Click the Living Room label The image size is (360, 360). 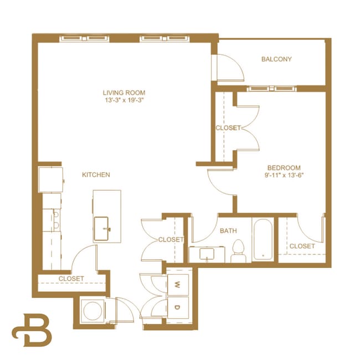point(124,92)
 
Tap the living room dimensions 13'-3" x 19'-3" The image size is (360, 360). point(124,101)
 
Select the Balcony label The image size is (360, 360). point(276,59)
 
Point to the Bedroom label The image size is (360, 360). point(284,168)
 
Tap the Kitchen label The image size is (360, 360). point(96,174)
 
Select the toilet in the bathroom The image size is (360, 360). point(239,251)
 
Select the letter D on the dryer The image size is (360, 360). point(178,307)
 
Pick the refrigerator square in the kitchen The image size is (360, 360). point(49,179)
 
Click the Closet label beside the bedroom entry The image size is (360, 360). point(228,128)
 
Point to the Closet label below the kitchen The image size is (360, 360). point(71,278)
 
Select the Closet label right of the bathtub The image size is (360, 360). point(302,246)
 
